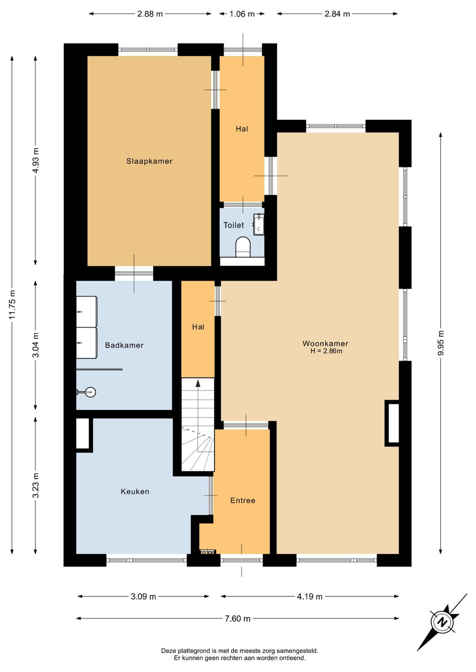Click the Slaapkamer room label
click(x=149, y=161)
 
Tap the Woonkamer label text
click(x=325, y=344)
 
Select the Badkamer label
click(x=124, y=345)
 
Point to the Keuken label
click(x=135, y=491)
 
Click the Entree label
click(x=243, y=500)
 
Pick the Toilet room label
click(x=234, y=225)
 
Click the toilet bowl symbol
click(x=243, y=247)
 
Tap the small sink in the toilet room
click(x=259, y=223)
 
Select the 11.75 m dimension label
click(x=12, y=308)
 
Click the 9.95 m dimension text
click(x=441, y=343)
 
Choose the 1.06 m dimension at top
click(x=242, y=14)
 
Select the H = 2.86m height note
click(x=326, y=351)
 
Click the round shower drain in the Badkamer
click(x=90, y=392)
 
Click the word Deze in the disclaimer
click(x=168, y=659)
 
